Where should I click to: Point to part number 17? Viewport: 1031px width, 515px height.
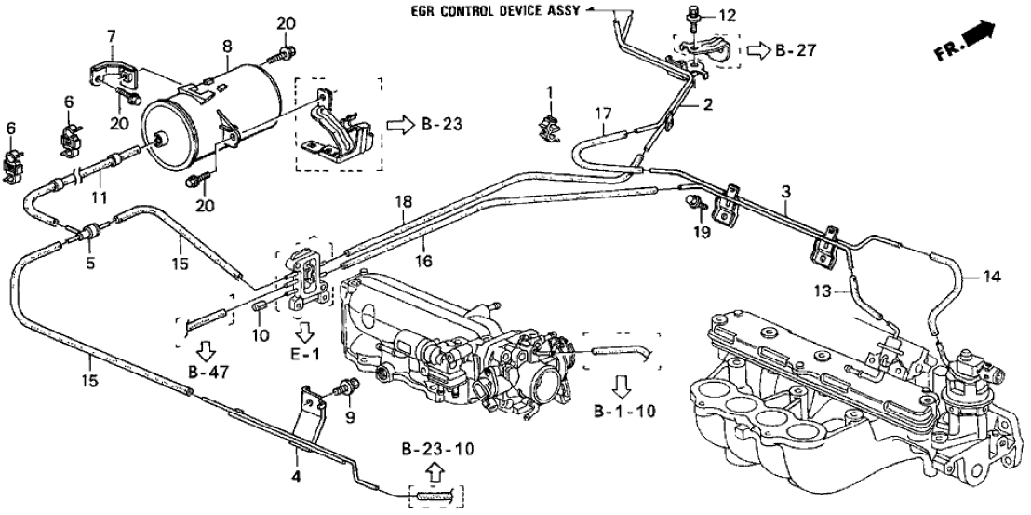point(603,116)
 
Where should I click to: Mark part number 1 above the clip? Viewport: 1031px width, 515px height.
point(549,92)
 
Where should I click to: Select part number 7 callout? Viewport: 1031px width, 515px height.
point(111,35)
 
